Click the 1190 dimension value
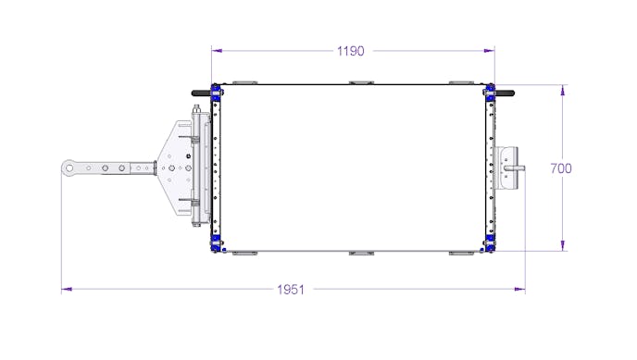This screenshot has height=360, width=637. [x=351, y=51]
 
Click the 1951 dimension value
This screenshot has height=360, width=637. [x=291, y=290]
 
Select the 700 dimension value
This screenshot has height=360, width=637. [x=561, y=168]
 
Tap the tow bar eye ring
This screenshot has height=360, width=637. [x=69, y=168]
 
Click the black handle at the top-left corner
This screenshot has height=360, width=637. [x=202, y=93]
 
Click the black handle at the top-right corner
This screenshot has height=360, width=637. [x=505, y=93]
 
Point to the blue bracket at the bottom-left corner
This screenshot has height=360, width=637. [x=216, y=242]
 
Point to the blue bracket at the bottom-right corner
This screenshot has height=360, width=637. [x=490, y=242]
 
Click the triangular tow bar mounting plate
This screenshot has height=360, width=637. [x=176, y=168]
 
